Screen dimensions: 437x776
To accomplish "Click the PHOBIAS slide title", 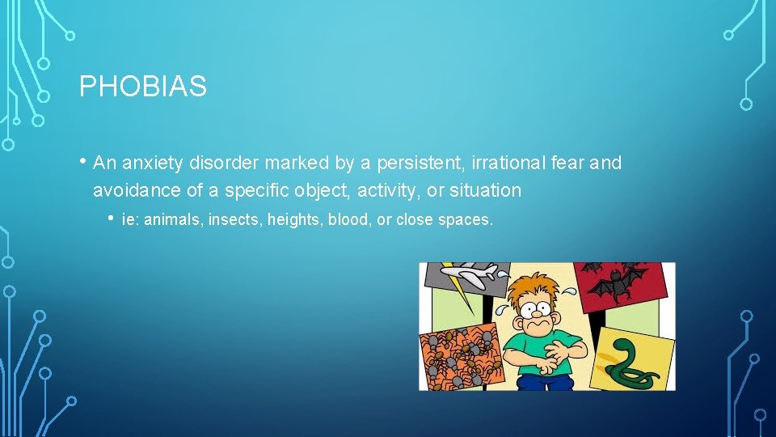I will point(143,87).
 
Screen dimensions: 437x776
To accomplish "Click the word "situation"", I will point(487,191).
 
